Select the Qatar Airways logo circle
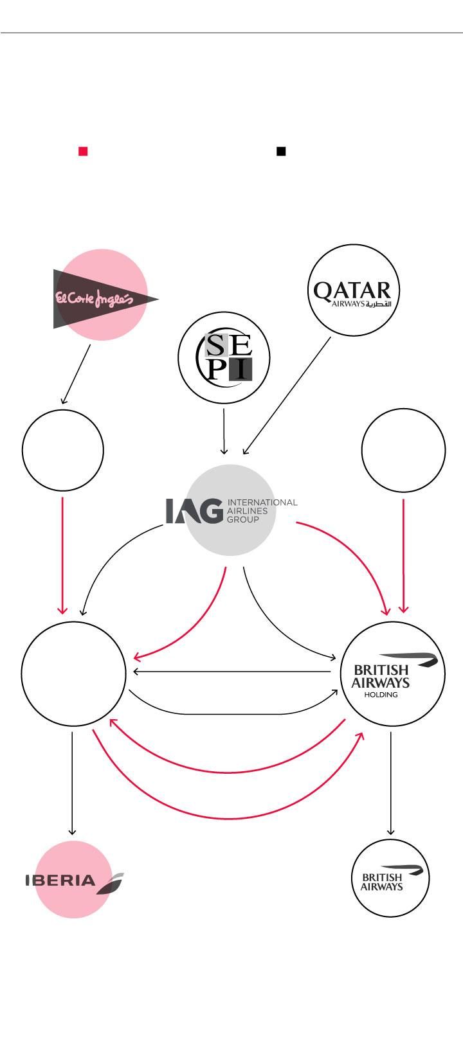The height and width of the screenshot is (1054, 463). pos(354,290)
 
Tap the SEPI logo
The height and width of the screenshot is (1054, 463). pos(224,357)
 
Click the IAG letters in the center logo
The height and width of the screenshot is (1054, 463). pos(194,510)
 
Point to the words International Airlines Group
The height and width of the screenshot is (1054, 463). pos(262,510)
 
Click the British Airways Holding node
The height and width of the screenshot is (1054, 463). pos(392,674)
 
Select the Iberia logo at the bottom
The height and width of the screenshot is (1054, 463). pos(75,879)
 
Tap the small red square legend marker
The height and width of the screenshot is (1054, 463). pos(83,151)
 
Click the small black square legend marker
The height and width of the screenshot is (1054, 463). pos(281,151)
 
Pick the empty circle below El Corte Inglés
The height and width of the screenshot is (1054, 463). pos(62,451)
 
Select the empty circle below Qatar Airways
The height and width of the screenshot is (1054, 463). pos(404,451)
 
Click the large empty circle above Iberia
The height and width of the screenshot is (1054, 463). pos(73,674)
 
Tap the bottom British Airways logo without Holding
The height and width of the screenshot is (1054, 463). pos(390,878)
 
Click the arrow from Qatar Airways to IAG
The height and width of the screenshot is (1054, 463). pos(287,395)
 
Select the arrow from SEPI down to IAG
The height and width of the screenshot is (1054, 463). pos(224,431)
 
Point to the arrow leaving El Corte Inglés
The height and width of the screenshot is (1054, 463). pos(76,374)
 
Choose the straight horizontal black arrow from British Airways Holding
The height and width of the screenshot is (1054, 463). pos(232,672)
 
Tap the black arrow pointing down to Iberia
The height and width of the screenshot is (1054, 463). pos(72,783)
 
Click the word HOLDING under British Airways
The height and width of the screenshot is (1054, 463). pos(381,695)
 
